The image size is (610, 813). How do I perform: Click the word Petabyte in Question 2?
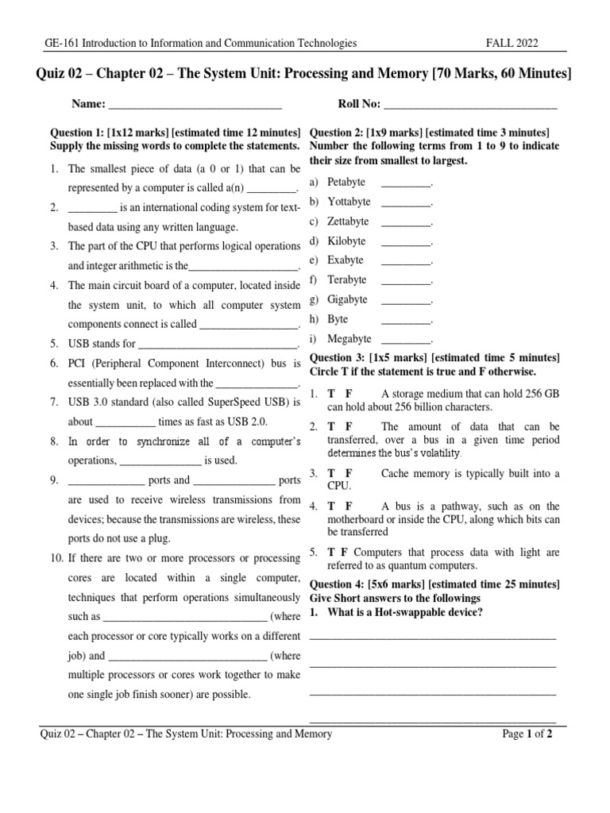(x=346, y=183)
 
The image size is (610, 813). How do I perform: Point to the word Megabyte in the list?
(x=349, y=339)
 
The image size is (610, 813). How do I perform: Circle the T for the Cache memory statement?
(x=331, y=474)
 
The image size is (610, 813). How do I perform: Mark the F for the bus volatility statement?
(x=348, y=426)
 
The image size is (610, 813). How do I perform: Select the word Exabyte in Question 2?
(x=346, y=260)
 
